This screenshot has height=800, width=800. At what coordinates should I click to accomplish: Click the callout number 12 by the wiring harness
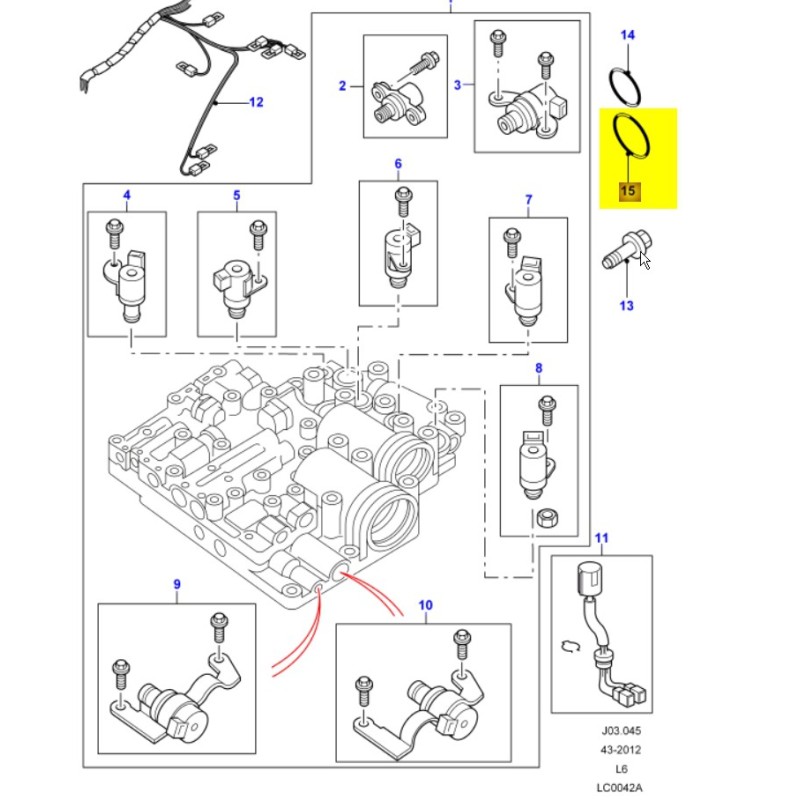tap(255, 102)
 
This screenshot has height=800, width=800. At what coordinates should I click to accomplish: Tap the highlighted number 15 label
tap(627, 190)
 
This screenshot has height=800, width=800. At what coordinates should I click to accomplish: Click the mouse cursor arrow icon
tap(645, 261)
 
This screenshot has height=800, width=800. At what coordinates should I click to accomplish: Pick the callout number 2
tap(342, 86)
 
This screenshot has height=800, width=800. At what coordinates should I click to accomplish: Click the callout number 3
tap(458, 85)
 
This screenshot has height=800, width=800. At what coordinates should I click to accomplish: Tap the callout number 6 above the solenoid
tap(397, 163)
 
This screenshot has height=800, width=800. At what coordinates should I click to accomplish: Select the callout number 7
tap(528, 200)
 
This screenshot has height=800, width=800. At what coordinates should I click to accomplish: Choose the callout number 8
tap(538, 369)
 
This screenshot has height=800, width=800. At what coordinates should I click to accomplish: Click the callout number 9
tap(177, 584)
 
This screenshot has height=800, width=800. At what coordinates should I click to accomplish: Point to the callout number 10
tap(425, 606)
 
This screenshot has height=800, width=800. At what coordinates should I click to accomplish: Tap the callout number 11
tap(600, 539)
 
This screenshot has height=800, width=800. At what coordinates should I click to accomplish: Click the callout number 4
tap(126, 194)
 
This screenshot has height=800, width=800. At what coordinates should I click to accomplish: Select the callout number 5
tap(236, 194)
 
